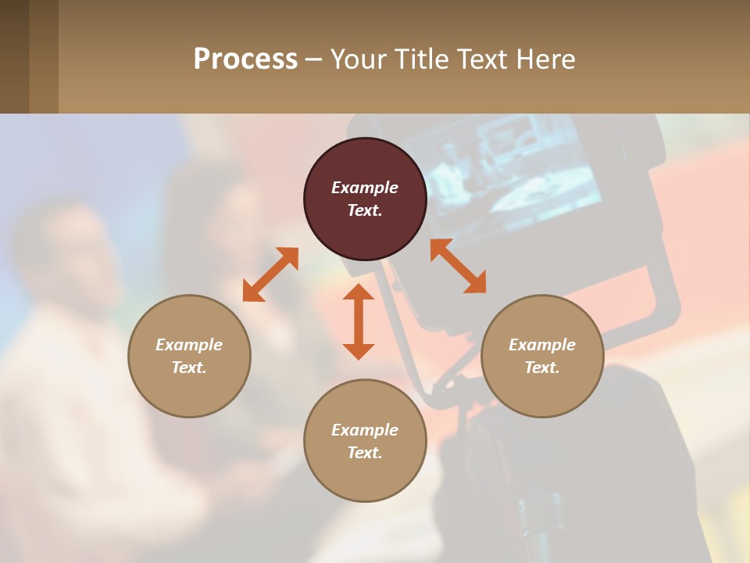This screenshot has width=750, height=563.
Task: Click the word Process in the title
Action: click(x=245, y=59)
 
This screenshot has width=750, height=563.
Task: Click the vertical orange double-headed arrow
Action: click(x=359, y=321)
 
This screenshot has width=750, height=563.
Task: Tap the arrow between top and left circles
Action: click(x=270, y=274)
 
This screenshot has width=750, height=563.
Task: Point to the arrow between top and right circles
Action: click(x=458, y=266)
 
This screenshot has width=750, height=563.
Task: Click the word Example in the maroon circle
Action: click(x=365, y=188)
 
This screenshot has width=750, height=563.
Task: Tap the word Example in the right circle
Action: click(x=542, y=345)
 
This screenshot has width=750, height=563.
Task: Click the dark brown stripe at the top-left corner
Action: click(x=14, y=56)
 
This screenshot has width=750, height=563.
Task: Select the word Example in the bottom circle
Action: click(x=365, y=430)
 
